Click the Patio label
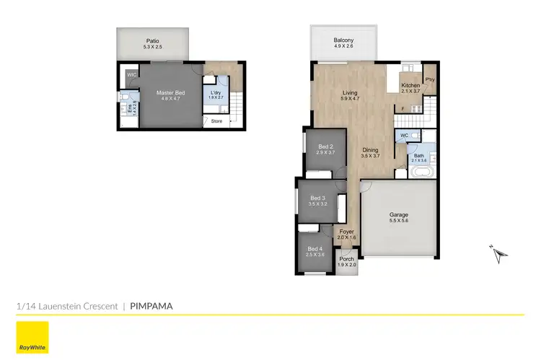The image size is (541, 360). click(x=153, y=41)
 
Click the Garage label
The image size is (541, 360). click(x=399, y=215)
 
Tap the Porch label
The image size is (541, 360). click(x=347, y=259)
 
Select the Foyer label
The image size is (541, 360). click(x=347, y=232)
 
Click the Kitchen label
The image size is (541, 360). click(x=410, y=85)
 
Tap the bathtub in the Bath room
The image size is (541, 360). click(x=420, y=172)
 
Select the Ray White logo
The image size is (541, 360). click(x=32, y=337)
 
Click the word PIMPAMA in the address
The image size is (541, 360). click(x=151, y=306)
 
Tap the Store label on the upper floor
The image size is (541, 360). click(x=217, y=121)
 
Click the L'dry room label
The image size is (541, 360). click(x=216, y=93)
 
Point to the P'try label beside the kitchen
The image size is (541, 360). click(x=429, y=79)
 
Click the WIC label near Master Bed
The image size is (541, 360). click(x=132, y=75)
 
